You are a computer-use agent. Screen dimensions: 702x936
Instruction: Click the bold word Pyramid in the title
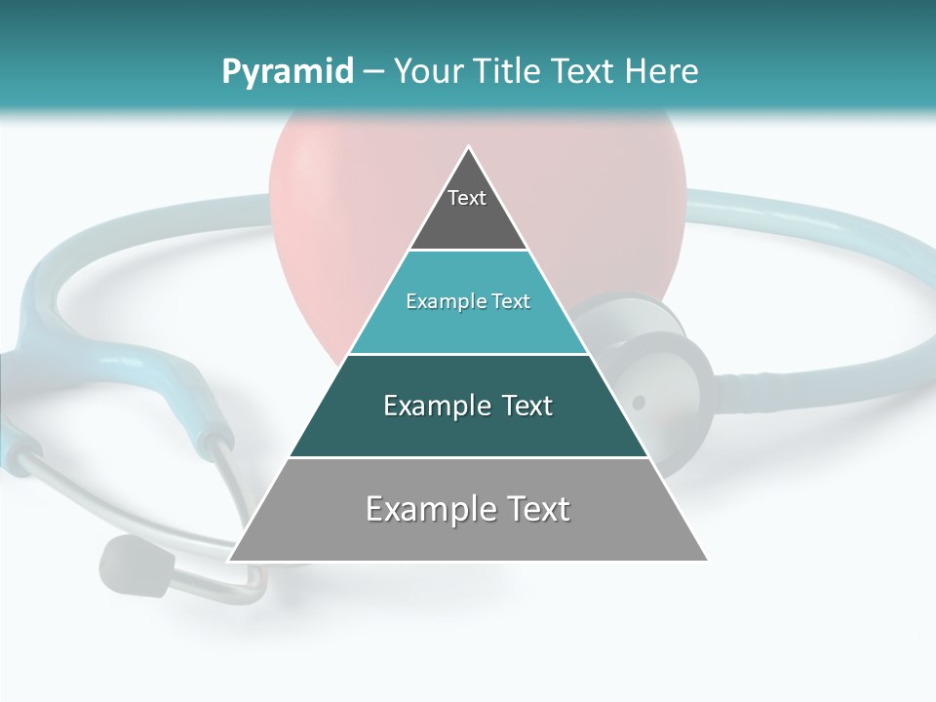pos(287,71)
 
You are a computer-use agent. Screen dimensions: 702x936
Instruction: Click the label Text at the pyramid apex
pos(467,198)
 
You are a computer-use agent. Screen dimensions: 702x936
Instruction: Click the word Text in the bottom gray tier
pos(535,509)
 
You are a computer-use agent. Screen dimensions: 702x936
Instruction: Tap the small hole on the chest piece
pos(639,402)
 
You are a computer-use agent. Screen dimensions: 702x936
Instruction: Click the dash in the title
pos(372,71)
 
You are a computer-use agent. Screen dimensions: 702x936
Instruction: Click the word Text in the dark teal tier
pos(528,406)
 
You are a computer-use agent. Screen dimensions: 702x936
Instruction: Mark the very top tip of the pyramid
pos(468,147)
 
